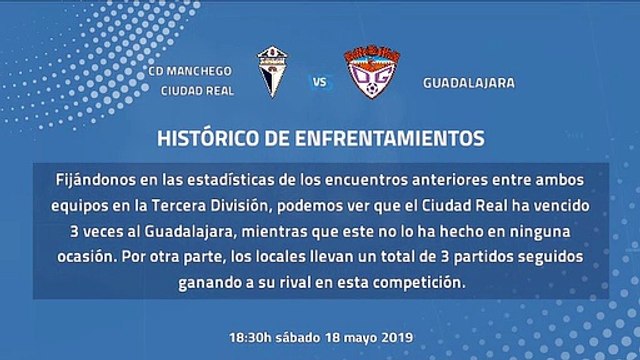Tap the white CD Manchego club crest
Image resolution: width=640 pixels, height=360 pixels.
pos(272,72)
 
